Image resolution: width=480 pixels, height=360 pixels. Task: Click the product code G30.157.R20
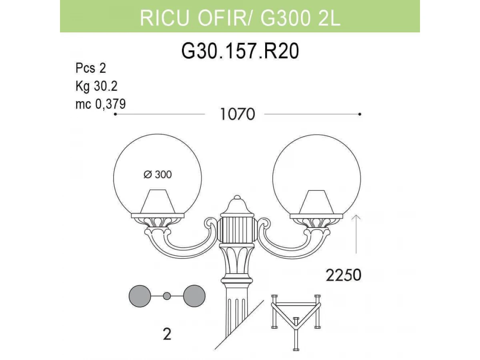pyautogui.click(x=240, y=51)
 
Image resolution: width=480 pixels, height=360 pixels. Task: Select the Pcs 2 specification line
pyautogui.click(x=90, y=68)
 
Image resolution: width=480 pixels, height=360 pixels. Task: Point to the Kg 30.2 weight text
pyautogui.click(x=96, y=86)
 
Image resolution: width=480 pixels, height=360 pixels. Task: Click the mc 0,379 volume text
pyautogui.click(x=100, y=104)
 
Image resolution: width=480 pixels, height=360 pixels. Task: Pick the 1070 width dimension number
pyautogui.click(x=237, y=114)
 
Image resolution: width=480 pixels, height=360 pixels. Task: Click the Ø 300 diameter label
pyautogui.click(x=158, y=175)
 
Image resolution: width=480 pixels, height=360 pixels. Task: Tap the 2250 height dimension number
pyautogui.click(x=343, y=275)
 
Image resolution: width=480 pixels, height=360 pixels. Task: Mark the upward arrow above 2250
pyautogui.click(x=356, y=234)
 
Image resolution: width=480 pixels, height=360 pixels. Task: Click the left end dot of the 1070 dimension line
pyautogui.click(x=115, y=114)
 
